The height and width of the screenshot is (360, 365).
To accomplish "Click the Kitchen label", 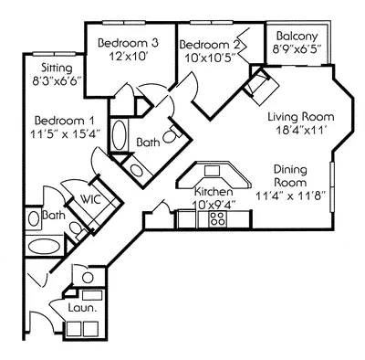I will pos(212,192).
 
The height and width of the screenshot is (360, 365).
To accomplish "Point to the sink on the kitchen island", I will pos(212,170).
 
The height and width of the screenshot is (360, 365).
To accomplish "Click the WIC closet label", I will pos(89,198).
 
